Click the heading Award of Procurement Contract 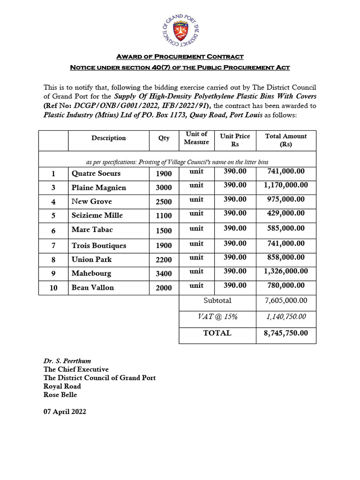point(180,57)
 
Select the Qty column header point(164,138)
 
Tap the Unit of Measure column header point(196,138)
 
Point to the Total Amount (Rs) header point(286,140)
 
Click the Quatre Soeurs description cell point(96,173)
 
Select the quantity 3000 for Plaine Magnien point(164,188)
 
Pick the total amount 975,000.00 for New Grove point(286,199)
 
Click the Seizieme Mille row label point(97,215)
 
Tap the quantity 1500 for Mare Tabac point(164,231)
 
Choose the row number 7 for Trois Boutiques point(53,246)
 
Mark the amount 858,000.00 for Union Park point(286,257)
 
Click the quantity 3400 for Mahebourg point(164,274)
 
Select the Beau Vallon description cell point(93,287)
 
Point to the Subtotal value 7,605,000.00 point(286,300)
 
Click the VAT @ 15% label point(217,317)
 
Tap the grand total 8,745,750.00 point(286,333)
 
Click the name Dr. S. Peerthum point(67,361)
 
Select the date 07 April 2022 point(65,412)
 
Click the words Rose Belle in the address point(60,395)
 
